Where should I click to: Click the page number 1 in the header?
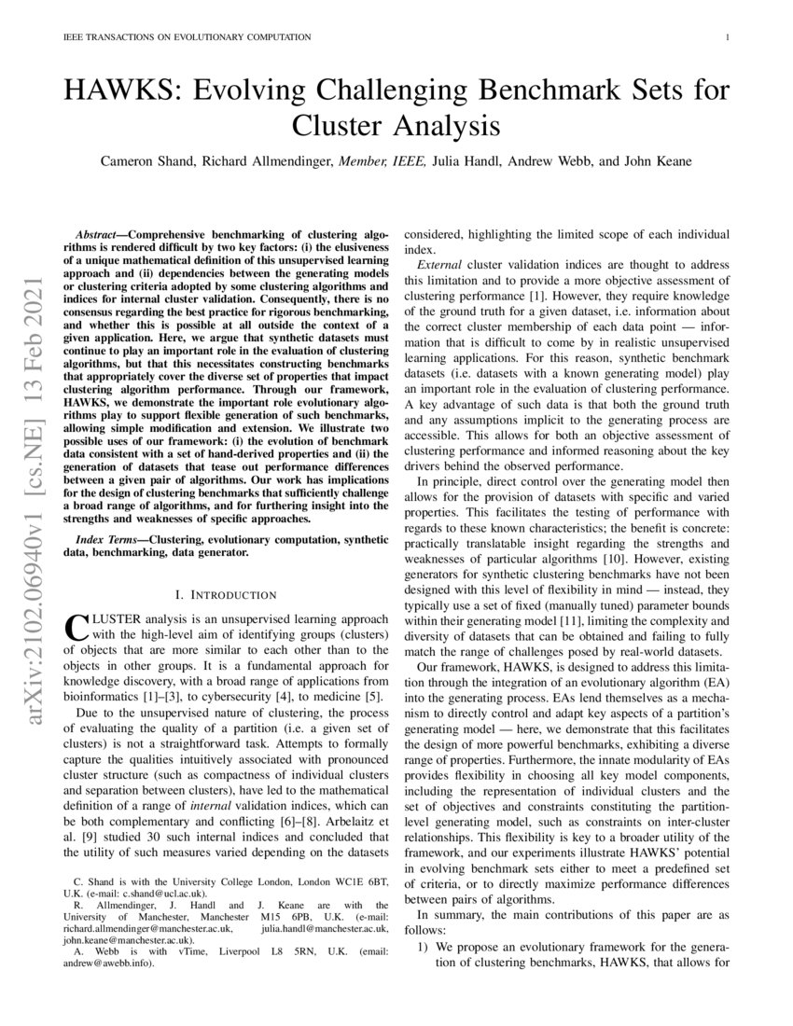726,37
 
